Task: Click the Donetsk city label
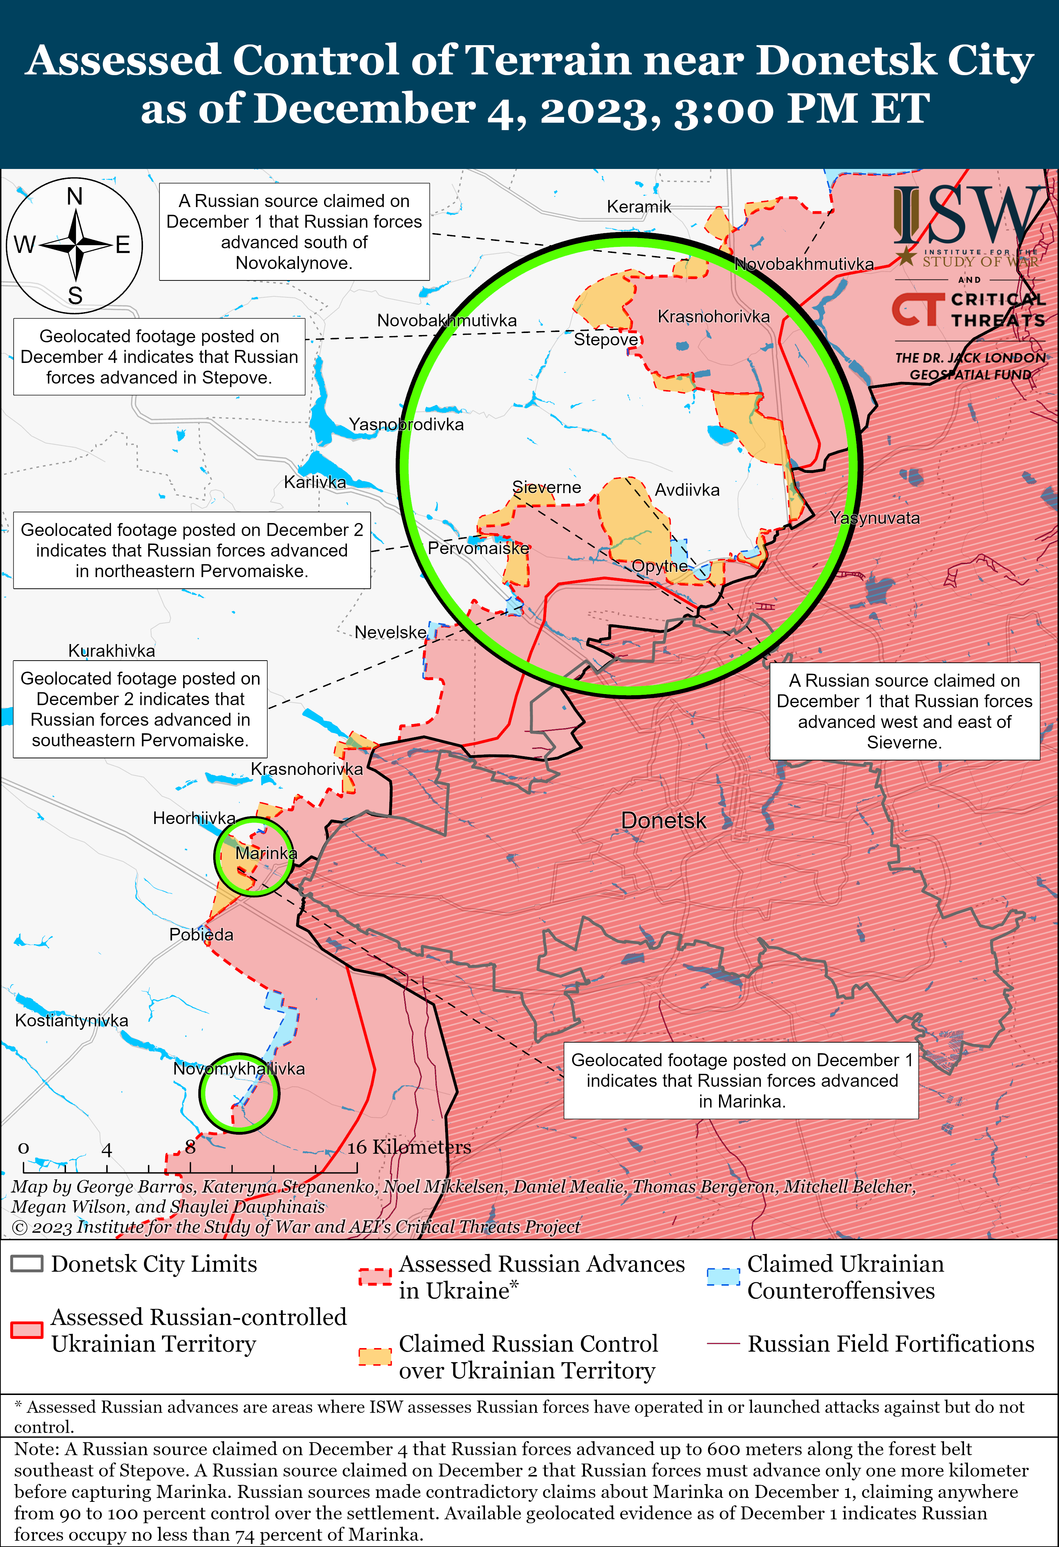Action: click(x=663, y=820)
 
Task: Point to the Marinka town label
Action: click(x=266, y=853)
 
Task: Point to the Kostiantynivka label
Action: click(x=71, y=1020)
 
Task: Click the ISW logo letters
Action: click(x=969, y=216)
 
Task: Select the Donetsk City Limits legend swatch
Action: click(x=27, y=1264)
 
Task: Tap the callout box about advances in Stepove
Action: click(x=159, y=357)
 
